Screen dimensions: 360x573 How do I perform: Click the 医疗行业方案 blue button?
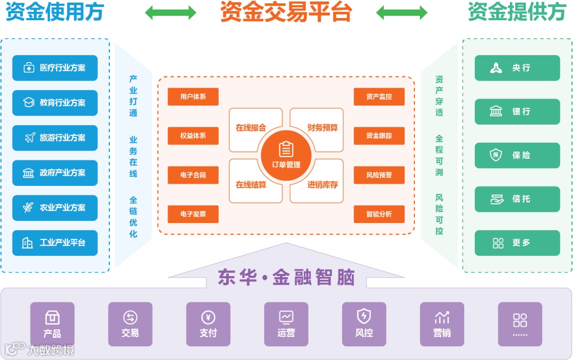click(55, 67)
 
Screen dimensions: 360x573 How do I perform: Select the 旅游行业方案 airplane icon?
click(30, 138)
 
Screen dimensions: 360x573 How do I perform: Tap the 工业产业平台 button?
click(55, 243)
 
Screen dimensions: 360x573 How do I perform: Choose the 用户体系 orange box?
click(193, 97)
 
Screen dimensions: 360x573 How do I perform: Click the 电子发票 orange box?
click(193, 214)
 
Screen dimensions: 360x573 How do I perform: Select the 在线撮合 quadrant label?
click(251, 128)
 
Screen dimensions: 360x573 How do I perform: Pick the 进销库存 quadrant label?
click(323, 185)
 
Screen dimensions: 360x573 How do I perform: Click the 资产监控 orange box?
click(379, 97)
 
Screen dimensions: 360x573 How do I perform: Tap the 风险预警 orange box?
click(379, 175)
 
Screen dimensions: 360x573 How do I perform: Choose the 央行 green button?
click(517, 68)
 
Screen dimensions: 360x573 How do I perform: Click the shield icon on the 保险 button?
click(496, 156)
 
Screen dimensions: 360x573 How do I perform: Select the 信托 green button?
click(517, 199)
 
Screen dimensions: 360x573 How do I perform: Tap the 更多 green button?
click(517, 243)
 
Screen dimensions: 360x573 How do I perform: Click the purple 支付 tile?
click(208, 324)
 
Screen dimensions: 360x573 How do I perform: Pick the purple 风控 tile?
click(364, 324)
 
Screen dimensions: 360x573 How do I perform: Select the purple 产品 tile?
click(52, 324)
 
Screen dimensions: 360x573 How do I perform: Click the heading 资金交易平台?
click(286, 12)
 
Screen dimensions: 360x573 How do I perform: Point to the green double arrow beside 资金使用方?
click(171, 13)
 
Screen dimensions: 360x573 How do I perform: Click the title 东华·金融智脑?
click(286, 278)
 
